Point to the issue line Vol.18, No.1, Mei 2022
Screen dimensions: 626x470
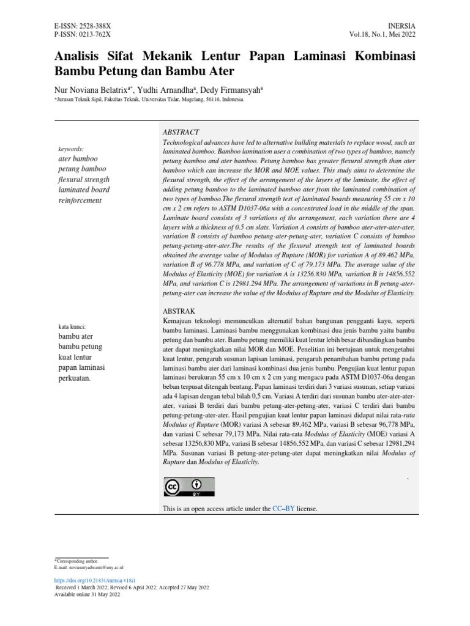[x=382, y=37]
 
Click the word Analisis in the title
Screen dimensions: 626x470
[x=78, y=57]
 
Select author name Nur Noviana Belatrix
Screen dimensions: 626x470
[x=91, y=90]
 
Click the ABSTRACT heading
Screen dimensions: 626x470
[x=181, y=133]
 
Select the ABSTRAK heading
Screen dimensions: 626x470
[x=178, y=311]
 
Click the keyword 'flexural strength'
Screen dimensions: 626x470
[x=83, y=180]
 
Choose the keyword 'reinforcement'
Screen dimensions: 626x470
[x=79, y=201]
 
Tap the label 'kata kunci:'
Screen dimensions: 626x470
[x=72, y=326]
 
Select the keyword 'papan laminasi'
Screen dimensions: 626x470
[x=81, y=367]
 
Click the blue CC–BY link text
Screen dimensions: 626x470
[x=283, y=509]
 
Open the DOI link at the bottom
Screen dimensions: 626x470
[x=95, y=580]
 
